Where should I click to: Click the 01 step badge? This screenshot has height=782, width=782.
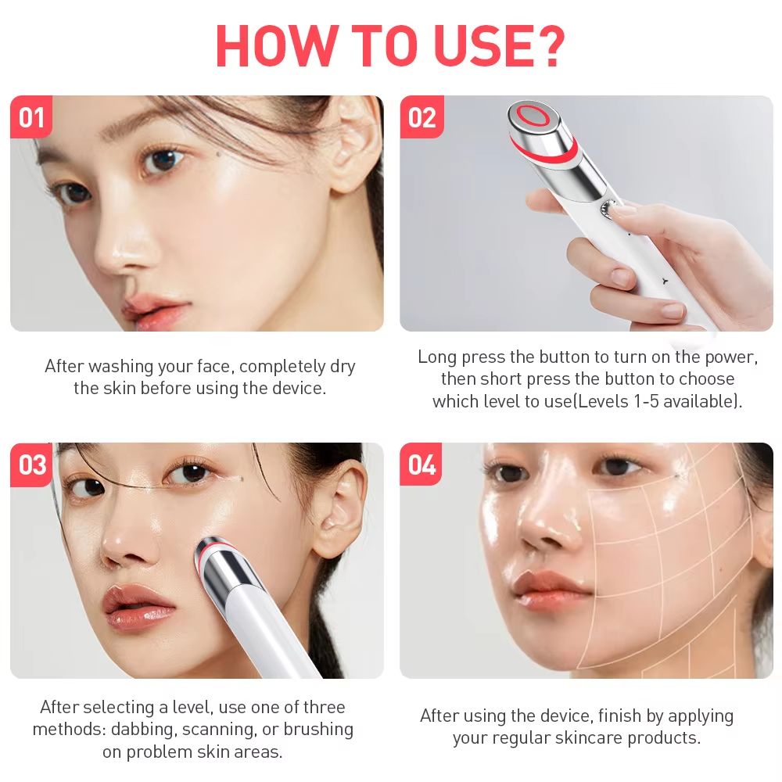click(x=31, y=117)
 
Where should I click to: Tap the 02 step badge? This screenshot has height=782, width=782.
click(x=421, y=117)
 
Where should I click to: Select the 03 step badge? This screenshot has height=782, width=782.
click(x=32, y=465)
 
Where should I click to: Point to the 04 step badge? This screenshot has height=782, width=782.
click(x=421, y=465)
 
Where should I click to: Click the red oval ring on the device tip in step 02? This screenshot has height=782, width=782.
click(x=535, y=115)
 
